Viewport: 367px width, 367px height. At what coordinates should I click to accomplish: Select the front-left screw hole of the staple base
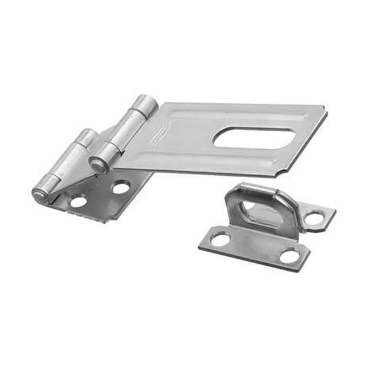pos(220,239)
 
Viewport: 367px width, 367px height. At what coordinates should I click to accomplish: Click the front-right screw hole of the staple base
pos(290,255)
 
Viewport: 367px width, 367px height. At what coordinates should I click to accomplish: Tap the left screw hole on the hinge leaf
pos(78,201)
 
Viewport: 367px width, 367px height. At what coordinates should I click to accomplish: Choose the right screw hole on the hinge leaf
pos(120,187)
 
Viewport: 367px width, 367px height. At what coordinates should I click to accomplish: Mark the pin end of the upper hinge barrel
pos(97,165)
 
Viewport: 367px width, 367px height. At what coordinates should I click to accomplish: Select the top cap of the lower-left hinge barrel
pos(87,135)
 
